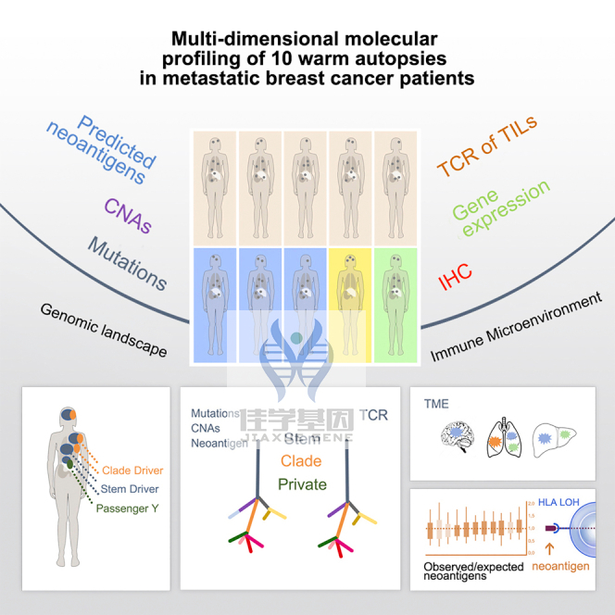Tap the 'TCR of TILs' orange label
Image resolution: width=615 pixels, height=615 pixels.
[486, 146]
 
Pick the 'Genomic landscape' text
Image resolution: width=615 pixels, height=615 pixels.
[104, 330]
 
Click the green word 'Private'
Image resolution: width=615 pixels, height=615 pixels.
[302, 484]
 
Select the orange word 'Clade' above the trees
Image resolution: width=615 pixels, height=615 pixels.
[302, 460]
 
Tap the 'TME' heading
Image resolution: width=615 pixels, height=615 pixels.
[435, 405]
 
